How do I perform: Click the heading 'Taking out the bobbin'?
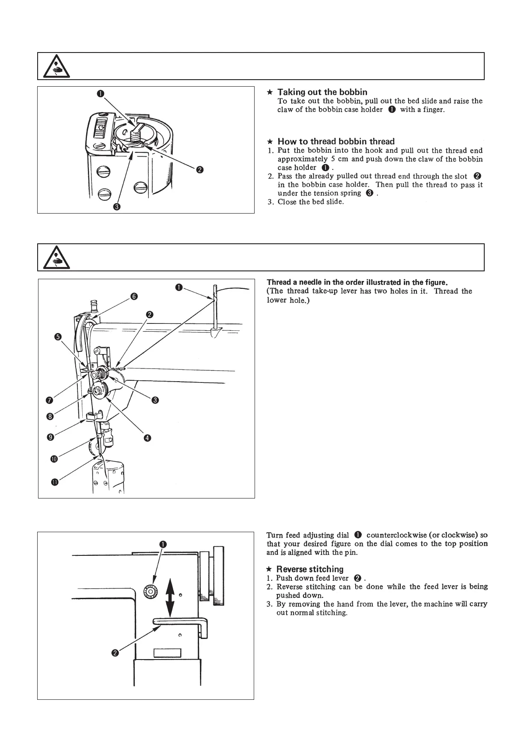tap(322, 92)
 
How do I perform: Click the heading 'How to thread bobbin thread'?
tap(336, 141)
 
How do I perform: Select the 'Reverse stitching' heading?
tap(310, 569)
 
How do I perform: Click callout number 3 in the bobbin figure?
tap(117, 207)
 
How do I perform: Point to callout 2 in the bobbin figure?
tap(199, 170)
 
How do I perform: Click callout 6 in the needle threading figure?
tap(134, 296)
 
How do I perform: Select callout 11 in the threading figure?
tap(55, 482)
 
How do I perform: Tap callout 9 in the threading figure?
tap(51, 436)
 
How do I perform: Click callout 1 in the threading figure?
tap(179, 287)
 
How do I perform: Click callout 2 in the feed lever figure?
tap(115, 653)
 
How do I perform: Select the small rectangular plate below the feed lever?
tap(167, 653)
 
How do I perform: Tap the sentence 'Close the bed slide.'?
tap(311, 202)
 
